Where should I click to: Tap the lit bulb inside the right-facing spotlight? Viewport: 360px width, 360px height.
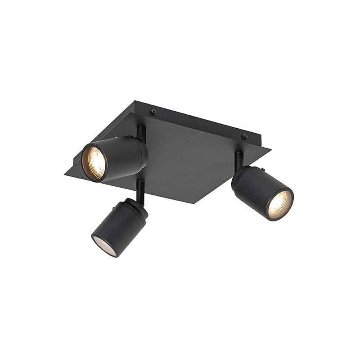coord(280,205)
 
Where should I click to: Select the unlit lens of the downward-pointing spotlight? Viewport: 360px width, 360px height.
coord(104,245)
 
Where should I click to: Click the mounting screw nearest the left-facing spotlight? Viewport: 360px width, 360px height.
coord(153,112)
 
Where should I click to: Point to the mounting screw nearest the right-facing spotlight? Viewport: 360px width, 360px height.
coord(245,136)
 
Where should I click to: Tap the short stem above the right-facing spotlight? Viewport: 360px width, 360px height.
coord(238,159)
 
